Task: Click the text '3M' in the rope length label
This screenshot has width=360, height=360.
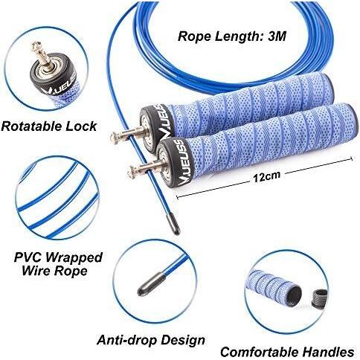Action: tap(277, 36)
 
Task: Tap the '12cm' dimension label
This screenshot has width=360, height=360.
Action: tap(266, 176)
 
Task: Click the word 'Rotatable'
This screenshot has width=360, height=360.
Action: tap(31, 126)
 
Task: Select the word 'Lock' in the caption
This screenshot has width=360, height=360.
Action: tap(81, 126)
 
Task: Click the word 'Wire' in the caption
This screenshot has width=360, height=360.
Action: tap(36, 270)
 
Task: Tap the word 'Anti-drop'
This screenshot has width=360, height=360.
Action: tap(127, 340)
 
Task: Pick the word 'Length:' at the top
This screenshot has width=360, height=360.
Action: tap(237, 36)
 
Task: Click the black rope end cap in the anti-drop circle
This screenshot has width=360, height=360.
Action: tap(152, 283)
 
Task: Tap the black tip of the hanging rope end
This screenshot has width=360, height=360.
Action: tap(173, 224)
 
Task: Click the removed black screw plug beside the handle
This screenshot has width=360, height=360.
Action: tap(319, 298)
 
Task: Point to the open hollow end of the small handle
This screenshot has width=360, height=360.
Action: tap(295, 294)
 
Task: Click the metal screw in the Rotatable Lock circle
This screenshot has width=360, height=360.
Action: tap(42, 55)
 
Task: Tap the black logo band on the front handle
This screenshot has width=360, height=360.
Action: tap(179, 162)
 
